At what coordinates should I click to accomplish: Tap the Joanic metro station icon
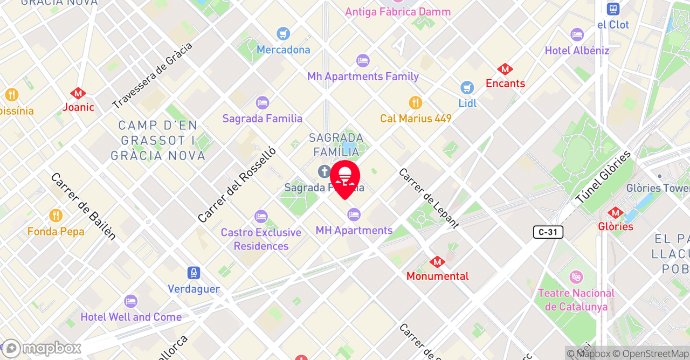[78, 93]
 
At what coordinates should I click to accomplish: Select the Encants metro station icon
[505, 70]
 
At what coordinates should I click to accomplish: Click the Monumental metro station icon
[437, 262]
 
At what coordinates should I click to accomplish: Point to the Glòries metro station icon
[616, 213]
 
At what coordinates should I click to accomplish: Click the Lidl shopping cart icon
[467, 87]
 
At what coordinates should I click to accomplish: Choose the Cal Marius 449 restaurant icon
[415, 102]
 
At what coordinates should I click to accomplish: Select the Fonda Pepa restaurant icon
[56, 216]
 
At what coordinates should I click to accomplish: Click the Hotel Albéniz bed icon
[577, 35]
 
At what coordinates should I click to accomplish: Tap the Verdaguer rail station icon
[194, 273]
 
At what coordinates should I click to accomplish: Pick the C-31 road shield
[548, 232]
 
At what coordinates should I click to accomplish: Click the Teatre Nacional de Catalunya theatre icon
[576, 278]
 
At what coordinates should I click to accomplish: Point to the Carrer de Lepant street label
[429, 198]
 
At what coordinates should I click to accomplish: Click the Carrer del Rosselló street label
[237, 185]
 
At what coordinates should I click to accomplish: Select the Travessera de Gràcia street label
[152, 75]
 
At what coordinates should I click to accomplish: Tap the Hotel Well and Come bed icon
[130, 301]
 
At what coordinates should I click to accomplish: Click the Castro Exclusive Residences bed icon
[261, 217]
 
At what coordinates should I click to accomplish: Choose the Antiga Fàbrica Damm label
[398, 12]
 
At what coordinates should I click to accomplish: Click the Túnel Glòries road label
[603, 177]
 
